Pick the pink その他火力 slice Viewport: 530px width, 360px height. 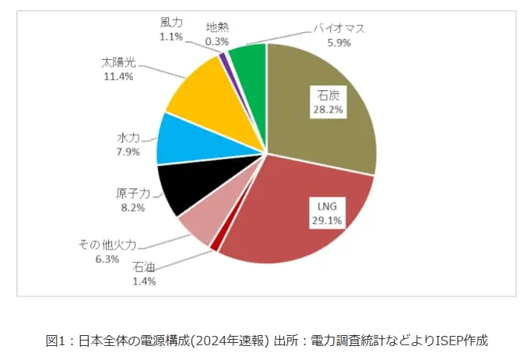[196, 225]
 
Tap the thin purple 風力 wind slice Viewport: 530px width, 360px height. [223, 58]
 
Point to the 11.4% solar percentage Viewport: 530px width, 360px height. [117, 76]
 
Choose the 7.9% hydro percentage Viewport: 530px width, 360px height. [128, 152]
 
